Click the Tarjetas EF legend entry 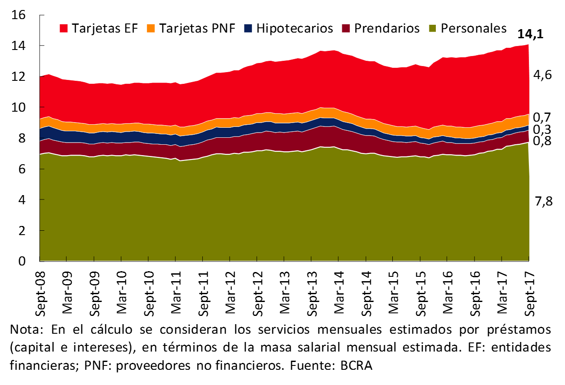pos(99,28)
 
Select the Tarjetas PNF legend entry pos(192,28)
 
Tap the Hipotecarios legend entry pos(289,28)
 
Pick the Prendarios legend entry pos(381,28)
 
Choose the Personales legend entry pos(468,28)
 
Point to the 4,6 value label pos(542,75)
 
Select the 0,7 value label pos(542,117)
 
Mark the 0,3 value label pos(542,129)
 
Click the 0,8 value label pos(542,141)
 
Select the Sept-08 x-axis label pos(40,291)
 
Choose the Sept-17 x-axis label pos(529,291)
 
